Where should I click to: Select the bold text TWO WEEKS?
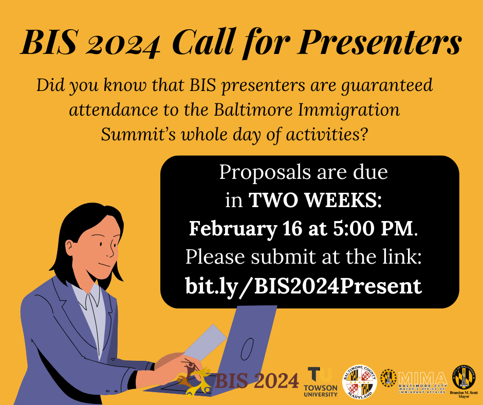pos(315,200)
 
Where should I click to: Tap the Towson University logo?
pos(321,382)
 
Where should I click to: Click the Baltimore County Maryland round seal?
pos(360,382)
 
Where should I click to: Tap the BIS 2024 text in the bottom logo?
pos(257,381)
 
